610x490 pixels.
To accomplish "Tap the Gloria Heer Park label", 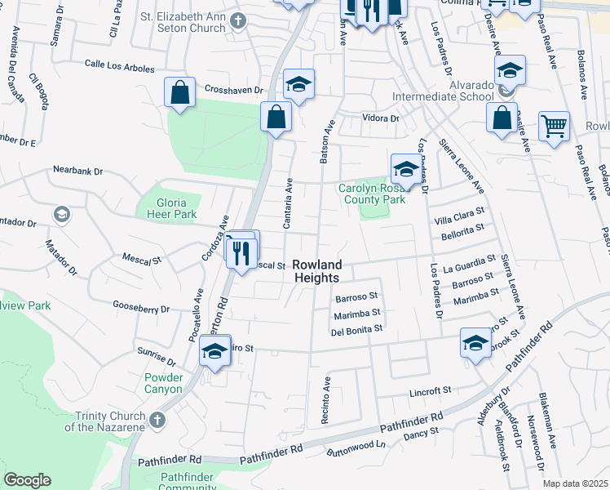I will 166,208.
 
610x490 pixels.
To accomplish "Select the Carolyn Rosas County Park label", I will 372,193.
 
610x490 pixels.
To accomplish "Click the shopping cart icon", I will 554,127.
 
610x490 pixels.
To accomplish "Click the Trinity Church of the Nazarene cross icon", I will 157,420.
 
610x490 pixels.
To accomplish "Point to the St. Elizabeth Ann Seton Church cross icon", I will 237,20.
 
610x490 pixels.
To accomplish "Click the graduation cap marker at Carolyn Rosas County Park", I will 405,169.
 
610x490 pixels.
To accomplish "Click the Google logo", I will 27,480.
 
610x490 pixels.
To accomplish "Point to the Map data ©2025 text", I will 576,483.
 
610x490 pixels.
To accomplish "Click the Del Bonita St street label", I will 356,330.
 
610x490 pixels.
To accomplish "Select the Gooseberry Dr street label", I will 141,309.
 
